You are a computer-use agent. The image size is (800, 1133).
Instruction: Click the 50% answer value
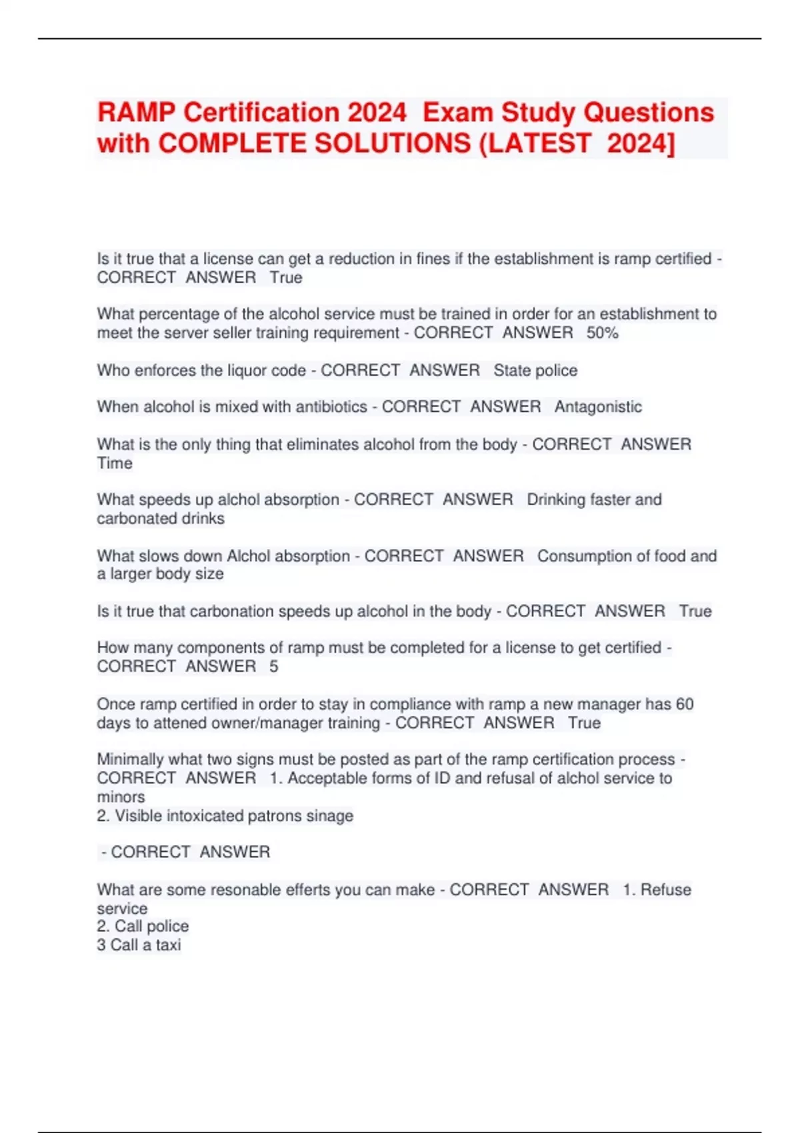[x=602, y=333]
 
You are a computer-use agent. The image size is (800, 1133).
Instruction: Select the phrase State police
[x=535, y=371]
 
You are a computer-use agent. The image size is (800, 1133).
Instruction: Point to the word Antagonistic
[x=598, y=407]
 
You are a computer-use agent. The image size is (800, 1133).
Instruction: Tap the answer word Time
[x=115, y=463]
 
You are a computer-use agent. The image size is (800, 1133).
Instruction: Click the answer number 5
[x=273, y=666]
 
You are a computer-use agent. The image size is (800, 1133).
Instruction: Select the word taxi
[x=168, y=945]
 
